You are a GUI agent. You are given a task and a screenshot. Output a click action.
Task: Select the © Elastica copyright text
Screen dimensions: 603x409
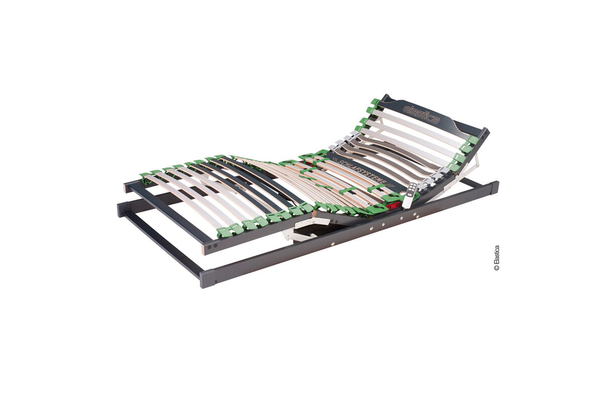tap(496, 258)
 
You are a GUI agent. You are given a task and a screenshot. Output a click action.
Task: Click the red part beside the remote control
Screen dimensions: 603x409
tap(393, 207)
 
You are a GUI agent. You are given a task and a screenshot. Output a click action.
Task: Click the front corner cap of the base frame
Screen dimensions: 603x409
tap(208, 279)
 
